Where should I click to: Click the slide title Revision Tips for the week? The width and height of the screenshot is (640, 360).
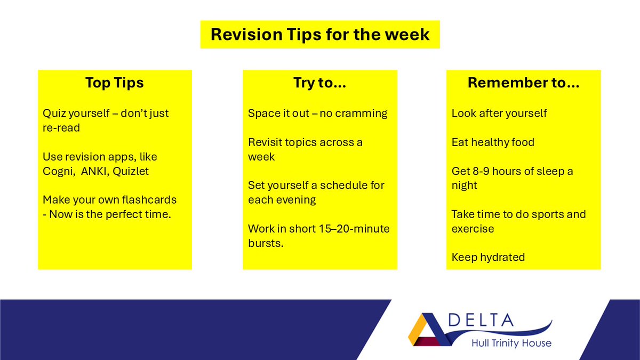tap(320, 34)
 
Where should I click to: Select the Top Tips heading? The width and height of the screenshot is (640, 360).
tap(115, 83)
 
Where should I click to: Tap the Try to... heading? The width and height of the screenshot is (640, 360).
tap(320, 83)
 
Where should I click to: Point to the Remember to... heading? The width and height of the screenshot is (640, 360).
tap(523, 83)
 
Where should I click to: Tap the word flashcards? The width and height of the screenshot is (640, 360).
tap(149, 200)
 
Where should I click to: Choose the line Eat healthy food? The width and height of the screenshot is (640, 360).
tap(493, 142)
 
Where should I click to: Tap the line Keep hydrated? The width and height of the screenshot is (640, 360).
tap(488, 258)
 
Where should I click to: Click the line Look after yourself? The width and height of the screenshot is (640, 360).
tap(499, 114)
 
